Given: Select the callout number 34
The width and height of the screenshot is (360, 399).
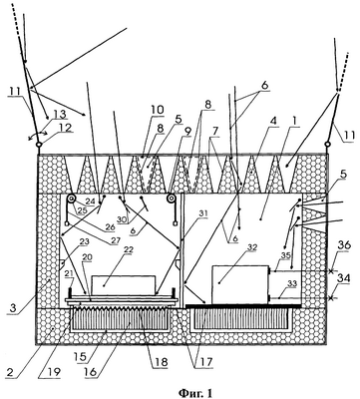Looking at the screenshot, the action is [x=343, y=278].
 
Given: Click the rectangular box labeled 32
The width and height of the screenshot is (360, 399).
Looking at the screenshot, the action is [x=240, y=284].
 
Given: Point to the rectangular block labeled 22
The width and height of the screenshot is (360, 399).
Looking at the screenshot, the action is [x=124, y=285].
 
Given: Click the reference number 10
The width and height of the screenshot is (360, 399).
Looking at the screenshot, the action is [x=157, y=110].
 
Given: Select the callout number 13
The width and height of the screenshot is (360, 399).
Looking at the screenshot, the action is [x=60, y=115].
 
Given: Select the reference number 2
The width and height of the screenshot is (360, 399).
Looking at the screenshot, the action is [x=10, y=371].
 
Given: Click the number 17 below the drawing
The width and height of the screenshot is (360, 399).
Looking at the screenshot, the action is [x=204, y=361].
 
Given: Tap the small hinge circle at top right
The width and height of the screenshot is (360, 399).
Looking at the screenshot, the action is [x=327, y=144].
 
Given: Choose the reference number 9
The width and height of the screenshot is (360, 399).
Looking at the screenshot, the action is [x=187, y=132].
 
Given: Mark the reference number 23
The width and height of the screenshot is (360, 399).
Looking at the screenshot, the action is [x=85, y=242].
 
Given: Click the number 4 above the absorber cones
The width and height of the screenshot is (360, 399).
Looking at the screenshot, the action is [x=273, y=121].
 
